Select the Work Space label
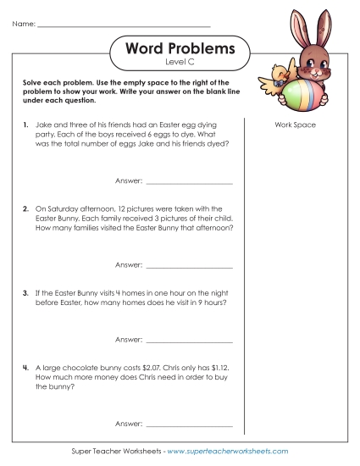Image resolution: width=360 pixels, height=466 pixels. [296, 125]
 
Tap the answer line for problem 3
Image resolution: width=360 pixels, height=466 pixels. [190, 339]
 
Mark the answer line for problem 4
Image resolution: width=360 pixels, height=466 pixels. [190, 423]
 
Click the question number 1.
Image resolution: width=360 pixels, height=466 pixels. [26, 125]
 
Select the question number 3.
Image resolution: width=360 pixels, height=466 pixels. [26, 290]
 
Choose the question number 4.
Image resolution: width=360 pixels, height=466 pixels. [26, 367]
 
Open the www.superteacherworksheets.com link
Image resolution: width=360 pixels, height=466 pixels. [228, 452]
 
